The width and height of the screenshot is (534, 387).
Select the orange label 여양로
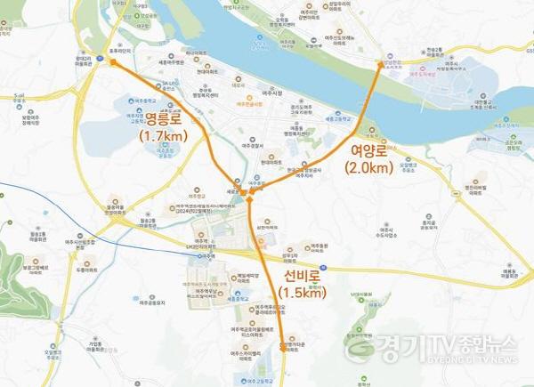[x=367, y=152]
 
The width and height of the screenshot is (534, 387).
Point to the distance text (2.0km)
[x=367, y=168]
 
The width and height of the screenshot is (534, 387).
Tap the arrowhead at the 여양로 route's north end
[x=380, y=63]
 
